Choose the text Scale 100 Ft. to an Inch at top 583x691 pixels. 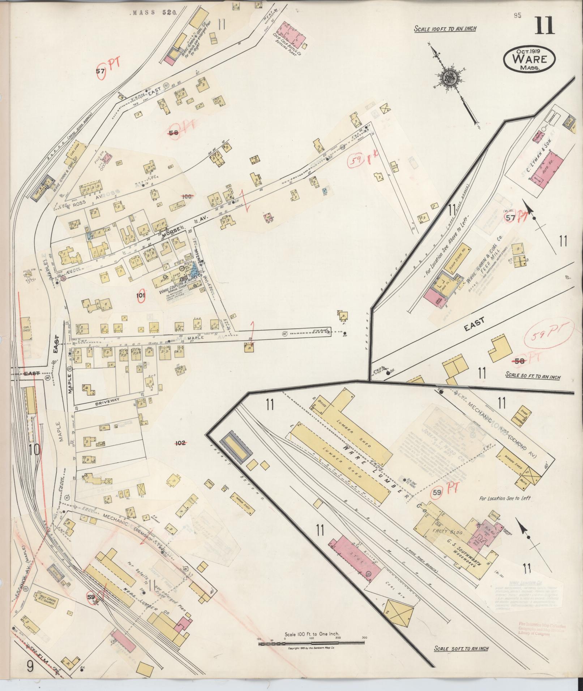pos(445,29)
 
